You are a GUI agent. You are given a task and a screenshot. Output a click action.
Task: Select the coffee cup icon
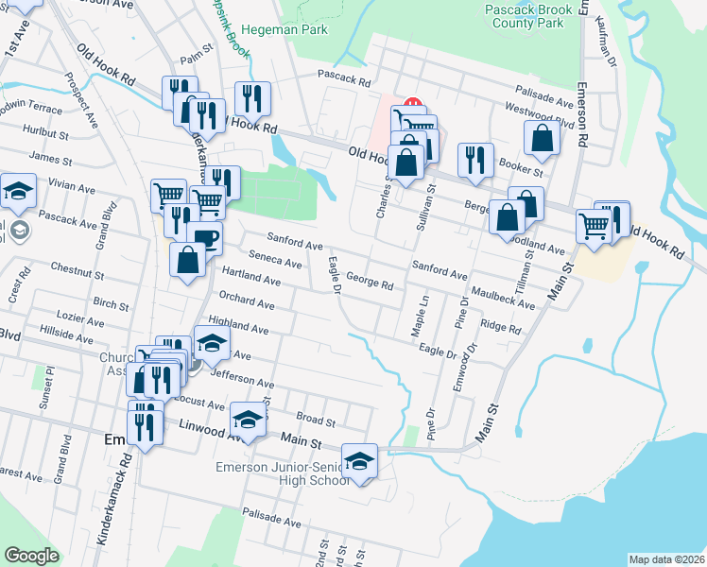point(204,237)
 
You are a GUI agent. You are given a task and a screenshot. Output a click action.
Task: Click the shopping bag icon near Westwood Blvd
point(543,138)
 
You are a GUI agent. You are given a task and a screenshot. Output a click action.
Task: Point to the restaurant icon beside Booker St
point(474,159)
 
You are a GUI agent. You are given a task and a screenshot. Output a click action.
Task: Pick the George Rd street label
point(370,282)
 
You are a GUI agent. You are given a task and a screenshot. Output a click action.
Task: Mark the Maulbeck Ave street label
point(502,298)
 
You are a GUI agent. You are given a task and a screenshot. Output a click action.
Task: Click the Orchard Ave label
point(247,302)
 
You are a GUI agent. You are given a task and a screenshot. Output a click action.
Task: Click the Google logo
point(31,556)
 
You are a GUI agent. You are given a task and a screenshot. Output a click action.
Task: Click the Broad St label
point(316,419)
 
